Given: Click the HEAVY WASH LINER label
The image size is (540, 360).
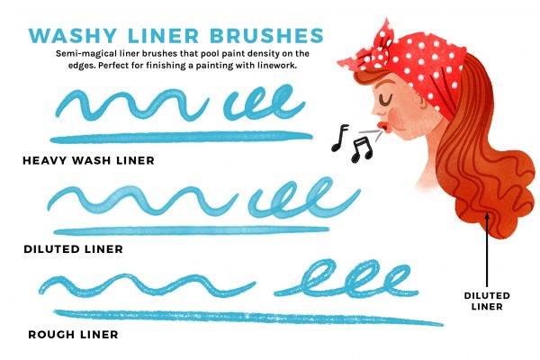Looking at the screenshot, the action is tap(88, 160).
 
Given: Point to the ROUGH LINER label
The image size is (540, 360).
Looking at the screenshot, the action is tap(74, 335).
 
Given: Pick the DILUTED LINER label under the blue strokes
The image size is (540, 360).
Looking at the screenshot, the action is tap(74, 249).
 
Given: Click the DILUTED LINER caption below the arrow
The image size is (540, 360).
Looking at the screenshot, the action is tap(487, 301).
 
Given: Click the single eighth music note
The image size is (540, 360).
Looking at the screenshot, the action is tap(340, 138).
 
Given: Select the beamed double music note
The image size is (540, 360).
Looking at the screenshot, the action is tap(361, 149).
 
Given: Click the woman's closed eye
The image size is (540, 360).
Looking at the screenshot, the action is tap(385, 100).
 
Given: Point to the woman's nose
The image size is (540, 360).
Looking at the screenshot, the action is tap(376, 110).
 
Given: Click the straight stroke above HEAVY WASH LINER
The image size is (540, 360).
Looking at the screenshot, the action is tap(182, 137).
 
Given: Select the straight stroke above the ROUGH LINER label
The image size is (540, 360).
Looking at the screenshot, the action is tap(248, 318).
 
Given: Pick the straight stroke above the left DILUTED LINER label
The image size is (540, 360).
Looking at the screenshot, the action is tap(192, 230).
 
